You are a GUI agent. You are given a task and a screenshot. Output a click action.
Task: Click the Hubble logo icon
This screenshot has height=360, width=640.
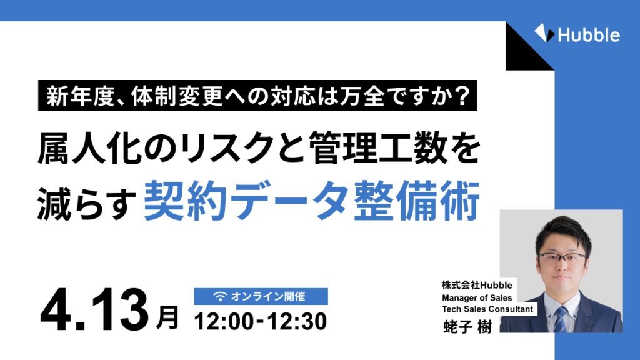[542, 33]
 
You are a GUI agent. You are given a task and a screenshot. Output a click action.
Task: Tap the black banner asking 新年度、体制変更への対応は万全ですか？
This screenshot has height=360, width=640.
[257, 96]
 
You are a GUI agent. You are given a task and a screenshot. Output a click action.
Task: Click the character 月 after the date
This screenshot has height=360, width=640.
[166, 317]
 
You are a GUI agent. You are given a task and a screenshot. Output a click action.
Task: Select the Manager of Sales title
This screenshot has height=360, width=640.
[477, 297]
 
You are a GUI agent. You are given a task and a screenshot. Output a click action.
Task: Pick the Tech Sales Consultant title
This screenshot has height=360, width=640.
[487, 309]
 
